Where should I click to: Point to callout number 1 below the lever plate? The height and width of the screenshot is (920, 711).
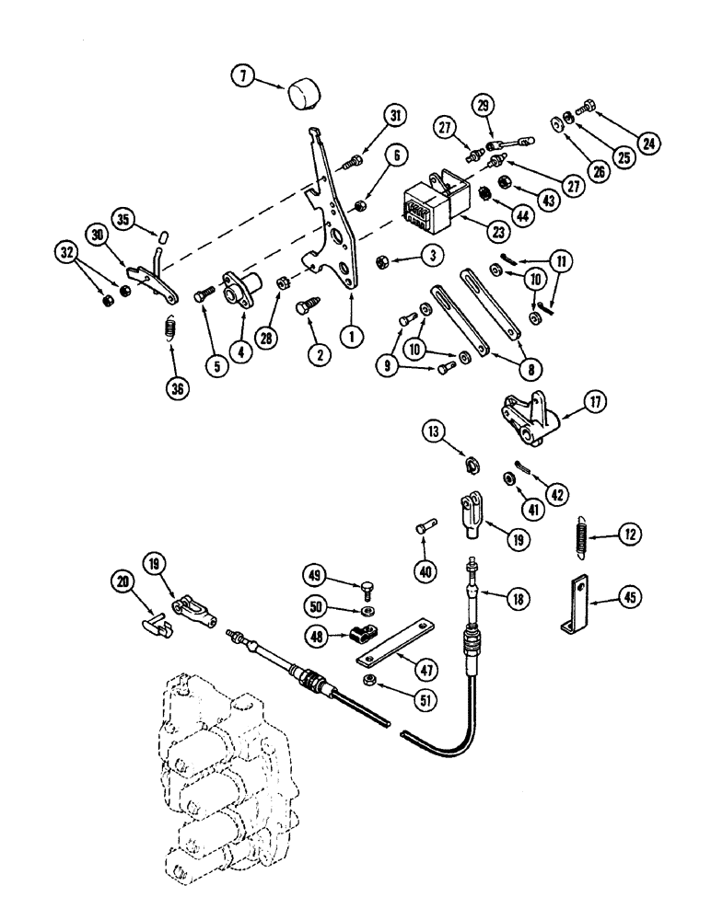click(350, 337)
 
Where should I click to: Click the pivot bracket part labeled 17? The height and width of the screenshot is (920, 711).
click(523, 419)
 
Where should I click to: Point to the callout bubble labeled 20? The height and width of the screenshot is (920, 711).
click(123, 581)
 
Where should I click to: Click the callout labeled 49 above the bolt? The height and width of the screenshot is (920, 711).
click(315, 577)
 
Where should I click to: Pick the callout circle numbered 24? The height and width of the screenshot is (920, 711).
click(649, 143)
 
